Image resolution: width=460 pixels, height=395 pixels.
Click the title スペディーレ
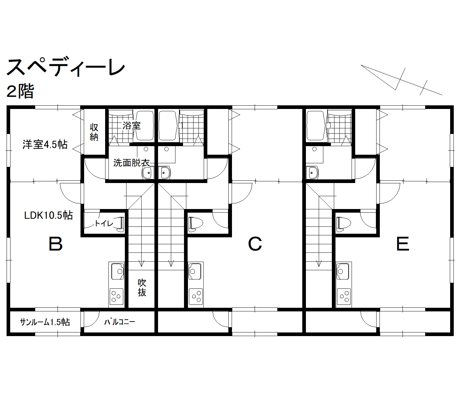[66, 67]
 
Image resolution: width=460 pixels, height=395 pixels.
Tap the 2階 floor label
[20, 91]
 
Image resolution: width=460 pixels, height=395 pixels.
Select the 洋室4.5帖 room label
[45, 145]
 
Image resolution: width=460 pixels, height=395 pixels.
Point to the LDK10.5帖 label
[48, 215]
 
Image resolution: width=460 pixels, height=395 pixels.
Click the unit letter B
[56, 244]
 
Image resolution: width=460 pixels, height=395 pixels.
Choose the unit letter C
[255, 244]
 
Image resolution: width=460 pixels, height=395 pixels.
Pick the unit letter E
[403, 244]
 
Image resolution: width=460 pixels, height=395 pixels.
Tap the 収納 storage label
[94, 132]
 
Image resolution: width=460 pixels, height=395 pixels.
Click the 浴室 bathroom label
[131, 126]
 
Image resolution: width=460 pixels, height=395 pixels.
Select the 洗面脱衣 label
[131, 163]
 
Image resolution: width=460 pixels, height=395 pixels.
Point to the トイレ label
[104, 223]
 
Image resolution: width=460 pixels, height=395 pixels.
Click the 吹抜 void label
[142, 287]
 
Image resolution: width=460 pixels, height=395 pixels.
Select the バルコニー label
[120, 322]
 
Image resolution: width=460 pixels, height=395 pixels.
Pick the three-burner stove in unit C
[196, 297]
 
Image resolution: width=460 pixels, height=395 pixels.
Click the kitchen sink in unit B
[118, 271]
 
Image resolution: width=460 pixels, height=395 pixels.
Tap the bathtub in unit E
[316, 126]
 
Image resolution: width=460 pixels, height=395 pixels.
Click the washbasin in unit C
[165, 173]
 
